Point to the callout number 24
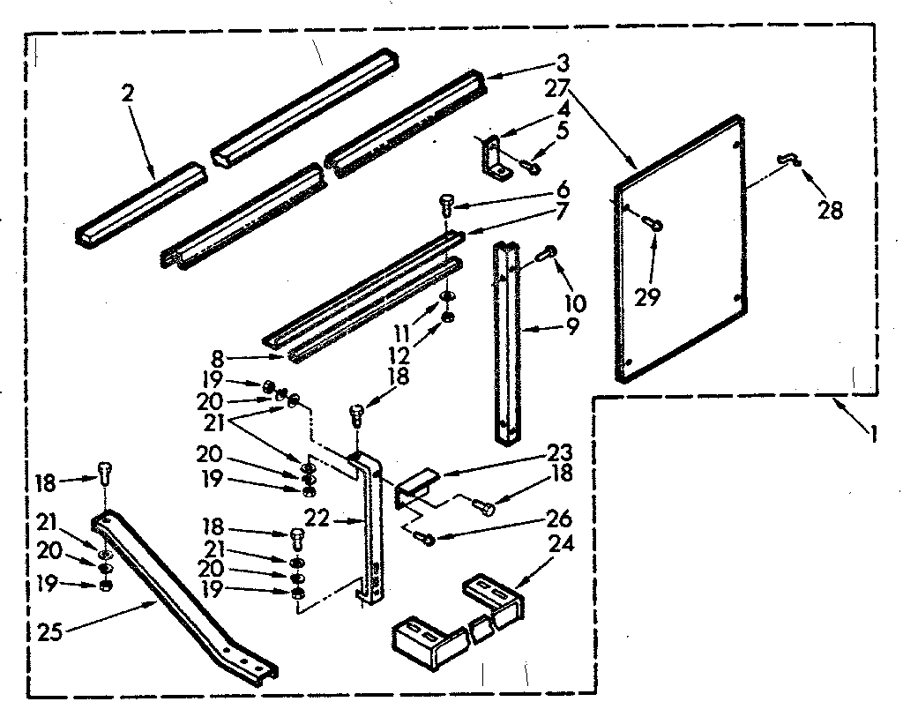point(561,544)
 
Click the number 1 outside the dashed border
point(872,433)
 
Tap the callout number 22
point(318,519)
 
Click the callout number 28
point(830,210)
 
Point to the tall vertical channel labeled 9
point(508,344)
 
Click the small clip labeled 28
point(787,159)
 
